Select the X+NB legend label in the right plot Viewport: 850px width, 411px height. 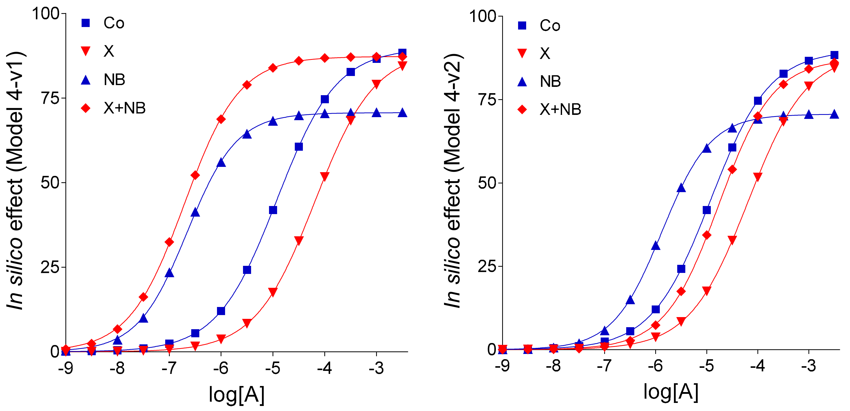tap(560, 109)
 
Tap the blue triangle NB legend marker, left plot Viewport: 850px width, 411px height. tap(86, 80)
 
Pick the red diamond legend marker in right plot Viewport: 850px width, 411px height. tap(522, 109)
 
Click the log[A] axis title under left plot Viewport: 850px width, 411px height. tap(237, 395)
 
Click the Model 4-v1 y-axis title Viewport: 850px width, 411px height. tap(15, 181)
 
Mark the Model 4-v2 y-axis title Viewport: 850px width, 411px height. tap(452, 181)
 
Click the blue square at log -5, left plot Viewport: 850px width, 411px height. tap(273, 210)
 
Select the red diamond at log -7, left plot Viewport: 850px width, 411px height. tap(169, 242)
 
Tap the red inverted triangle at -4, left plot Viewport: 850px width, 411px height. tap(325, 176)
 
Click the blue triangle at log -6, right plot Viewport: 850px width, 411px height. tap(656, 246)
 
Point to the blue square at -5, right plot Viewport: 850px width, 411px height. tap(707, 210)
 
